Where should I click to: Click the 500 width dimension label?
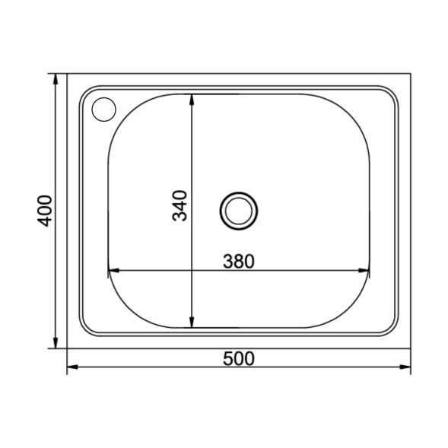point(238,358)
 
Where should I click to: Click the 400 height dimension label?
point(45,210)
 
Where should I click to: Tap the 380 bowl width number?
point(238,261)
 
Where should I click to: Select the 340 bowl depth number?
point(180,205)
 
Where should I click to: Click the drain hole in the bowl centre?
point(239,209)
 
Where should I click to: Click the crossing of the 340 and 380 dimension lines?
point(191,270)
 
